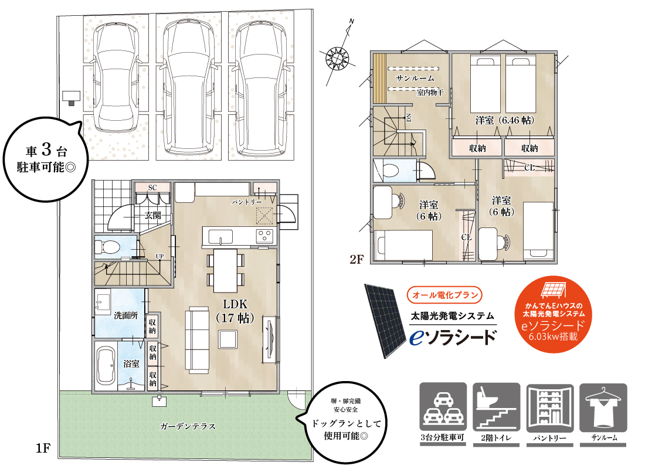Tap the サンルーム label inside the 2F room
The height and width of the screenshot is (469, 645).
(x=415, y=78)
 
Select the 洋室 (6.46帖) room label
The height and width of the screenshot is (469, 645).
(x=504, y=120)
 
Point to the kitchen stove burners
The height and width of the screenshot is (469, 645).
(x=264, y=236)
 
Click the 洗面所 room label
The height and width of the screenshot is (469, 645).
(x=125, y=315)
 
